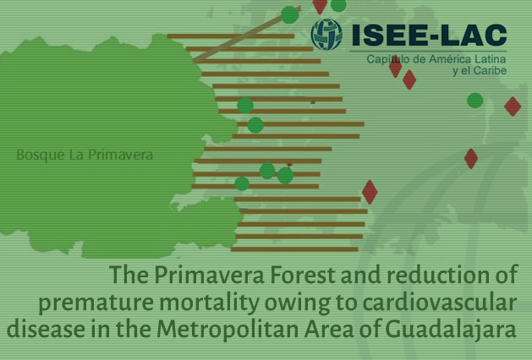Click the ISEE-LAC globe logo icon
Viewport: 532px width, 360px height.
[x=326, y=35]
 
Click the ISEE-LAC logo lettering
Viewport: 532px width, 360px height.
[x=429, y=35]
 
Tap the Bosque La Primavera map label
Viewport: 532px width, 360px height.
[x=85, y=155]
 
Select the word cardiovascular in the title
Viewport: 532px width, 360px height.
[x=439, y=303]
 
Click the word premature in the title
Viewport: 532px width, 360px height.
[x=96, y=303]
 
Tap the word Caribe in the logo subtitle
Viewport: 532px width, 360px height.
[x=490, y=70]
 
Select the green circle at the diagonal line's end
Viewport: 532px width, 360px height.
[x=290, y=14]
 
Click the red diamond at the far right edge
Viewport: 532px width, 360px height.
[x=513, y=106]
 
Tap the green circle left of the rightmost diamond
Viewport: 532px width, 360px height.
[x=475, y=101]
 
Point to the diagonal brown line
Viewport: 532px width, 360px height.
[x=247, y=35]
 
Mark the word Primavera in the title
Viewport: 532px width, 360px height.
[x=209, y=275]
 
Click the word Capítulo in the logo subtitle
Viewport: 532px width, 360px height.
[x=384, y=60]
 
